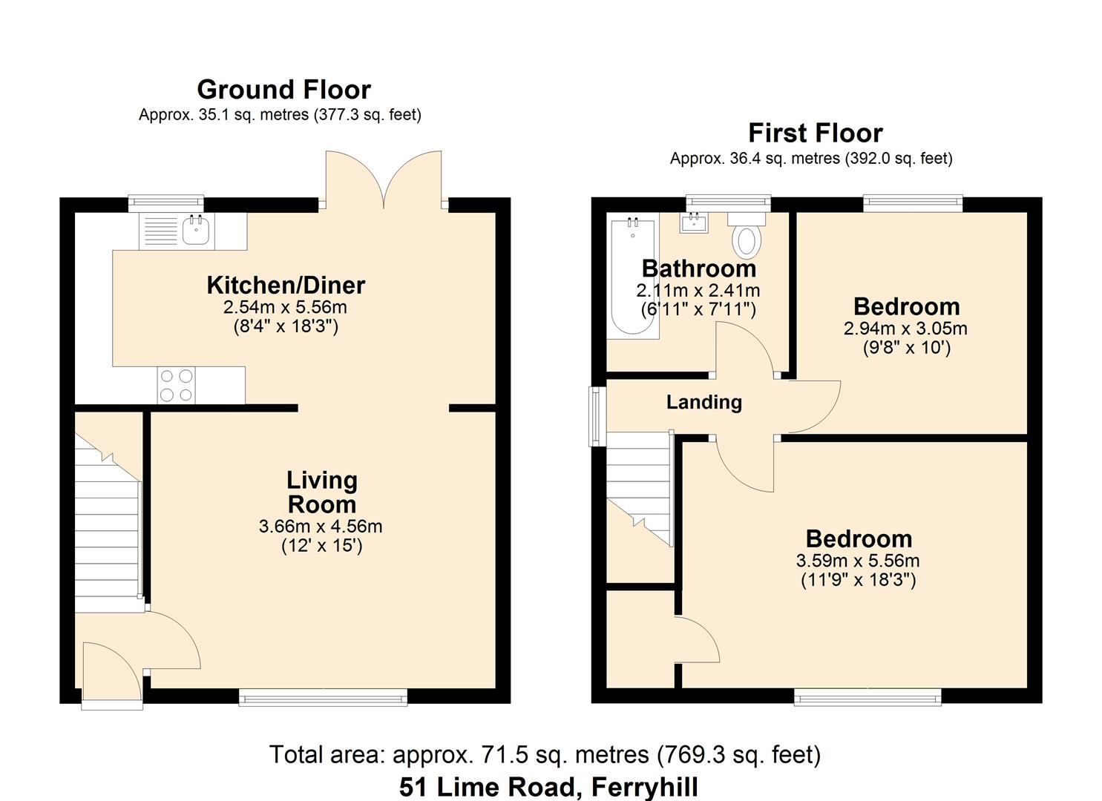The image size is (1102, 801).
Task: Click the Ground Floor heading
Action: pos(283,90)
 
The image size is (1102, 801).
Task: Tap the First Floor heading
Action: pos(815,133)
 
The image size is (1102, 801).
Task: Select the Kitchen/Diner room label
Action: pos(286,285)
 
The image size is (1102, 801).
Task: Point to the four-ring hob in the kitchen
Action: pos(177,386)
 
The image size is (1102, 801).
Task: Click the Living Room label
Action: pos(322,492)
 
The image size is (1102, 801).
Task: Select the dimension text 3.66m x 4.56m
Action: pos(321,527)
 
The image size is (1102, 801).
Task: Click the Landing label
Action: pos(703,402)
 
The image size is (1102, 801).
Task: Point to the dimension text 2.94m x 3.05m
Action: pos(905,328)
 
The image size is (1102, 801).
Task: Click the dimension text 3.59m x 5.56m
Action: pos(858,561)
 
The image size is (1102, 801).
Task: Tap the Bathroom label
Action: pos(699,268)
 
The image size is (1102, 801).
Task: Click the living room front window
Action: pos(323,696)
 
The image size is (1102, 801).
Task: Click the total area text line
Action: pos(545,755)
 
